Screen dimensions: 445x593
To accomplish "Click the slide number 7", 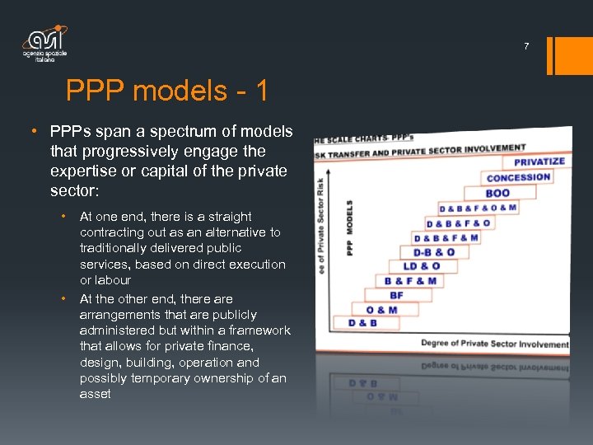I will (x=527, y=47).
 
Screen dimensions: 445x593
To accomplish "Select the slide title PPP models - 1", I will (x=167, y=91).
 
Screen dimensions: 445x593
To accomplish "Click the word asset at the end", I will (x=96, y=394).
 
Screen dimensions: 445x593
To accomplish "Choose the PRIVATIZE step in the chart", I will (x=539, y=162).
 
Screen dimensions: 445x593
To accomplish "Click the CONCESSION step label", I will (x=518, y=177).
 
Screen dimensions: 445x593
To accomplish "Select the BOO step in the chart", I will (x=497, y=193).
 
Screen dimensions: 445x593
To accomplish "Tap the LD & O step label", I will (x=421, y=266).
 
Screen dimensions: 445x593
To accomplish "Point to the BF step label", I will (x=396, y=295).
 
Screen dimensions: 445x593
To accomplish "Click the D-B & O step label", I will (x=433, y=252).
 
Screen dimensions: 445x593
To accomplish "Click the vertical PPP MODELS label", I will (x=349, y=228).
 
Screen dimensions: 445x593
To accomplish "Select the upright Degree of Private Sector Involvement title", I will (x=495, y=344).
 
